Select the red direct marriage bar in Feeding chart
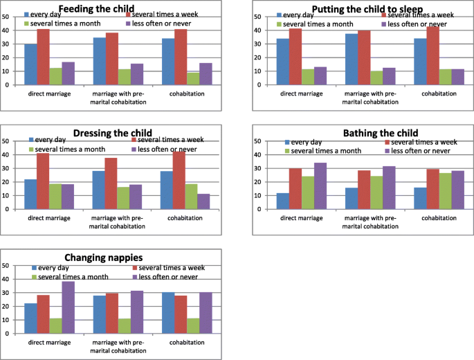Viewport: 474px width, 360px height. point(43,57)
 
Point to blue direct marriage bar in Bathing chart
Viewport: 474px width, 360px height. point(283,201)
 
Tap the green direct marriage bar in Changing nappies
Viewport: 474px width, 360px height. point(55,326)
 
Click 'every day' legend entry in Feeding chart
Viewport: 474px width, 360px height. point(49,14)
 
